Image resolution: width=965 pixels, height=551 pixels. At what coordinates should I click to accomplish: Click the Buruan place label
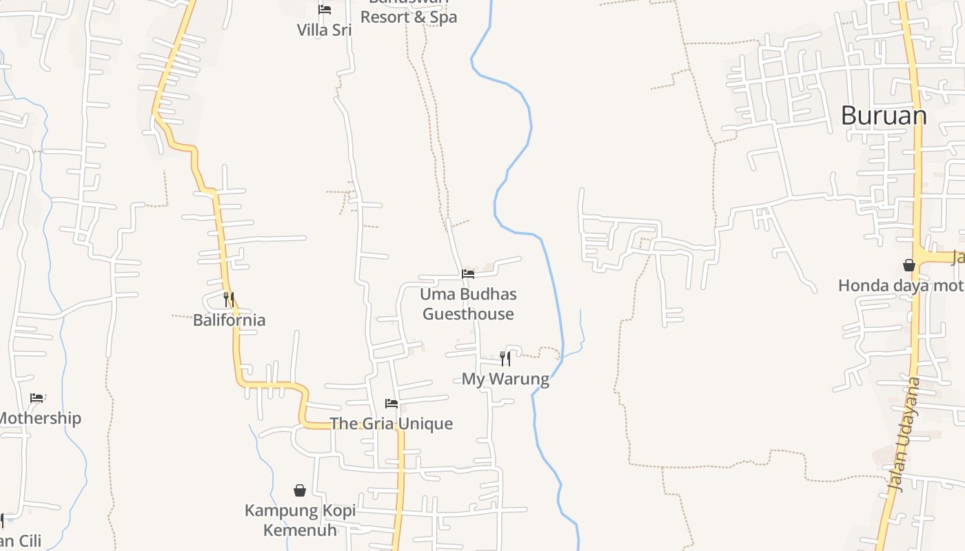pyautogui.click(x=884, y=116)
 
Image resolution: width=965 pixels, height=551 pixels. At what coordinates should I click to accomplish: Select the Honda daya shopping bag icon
pyautogui.click(x=909, y=265)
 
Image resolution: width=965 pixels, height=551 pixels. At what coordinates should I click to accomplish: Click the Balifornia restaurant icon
pyautogui.click(x=229, y=300)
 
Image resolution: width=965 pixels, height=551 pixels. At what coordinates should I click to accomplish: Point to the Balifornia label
pyautogui.click(x=229, y=320)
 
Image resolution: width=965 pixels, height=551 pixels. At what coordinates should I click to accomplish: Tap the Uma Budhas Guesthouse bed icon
pyautogui.click(x=468, y=274)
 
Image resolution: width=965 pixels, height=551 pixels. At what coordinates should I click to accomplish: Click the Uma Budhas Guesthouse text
pyautogui.click(x=469, y=304)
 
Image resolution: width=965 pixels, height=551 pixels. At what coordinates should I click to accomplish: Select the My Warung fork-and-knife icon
pyautogui.click(x=505, y=358)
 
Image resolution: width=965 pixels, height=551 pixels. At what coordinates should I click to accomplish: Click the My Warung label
pyautogui.click(x=505, y=379)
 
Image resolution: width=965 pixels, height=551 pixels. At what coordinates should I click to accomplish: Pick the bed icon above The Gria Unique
pyautogui.click(x=392, y=404)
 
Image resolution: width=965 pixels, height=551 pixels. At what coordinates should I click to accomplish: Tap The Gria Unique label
pyautogui.click(x=392, y=424)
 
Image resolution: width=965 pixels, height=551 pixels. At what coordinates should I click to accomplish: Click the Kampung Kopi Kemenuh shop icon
pyautogui.click(x=300, y=490)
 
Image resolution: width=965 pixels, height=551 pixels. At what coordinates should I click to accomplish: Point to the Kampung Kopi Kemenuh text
pyautogui.click(x=301, y=520)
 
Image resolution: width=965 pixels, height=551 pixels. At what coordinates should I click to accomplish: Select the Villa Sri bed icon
pyautogui.click(x=325, y=10)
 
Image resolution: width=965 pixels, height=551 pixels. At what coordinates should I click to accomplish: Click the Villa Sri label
pyautogui.click(x=324, y=30)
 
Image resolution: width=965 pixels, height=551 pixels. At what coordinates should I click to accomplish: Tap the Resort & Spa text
pyautogui.click(x=409, y=17)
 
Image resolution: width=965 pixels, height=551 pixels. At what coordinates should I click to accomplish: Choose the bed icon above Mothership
pyautogui.click(x=37, y=398)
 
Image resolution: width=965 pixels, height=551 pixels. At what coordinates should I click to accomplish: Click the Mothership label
pyautogui.click(x=40, y=419)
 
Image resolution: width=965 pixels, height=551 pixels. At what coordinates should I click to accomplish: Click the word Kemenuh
pyautogui.click(x=301, y=530)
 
